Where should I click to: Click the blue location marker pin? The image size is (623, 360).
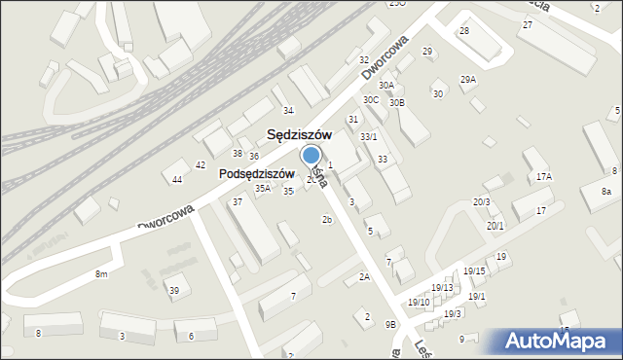pyautogui.click(x=311, y=156)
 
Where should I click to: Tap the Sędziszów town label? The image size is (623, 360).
pyautogui.click(x=301, y=135)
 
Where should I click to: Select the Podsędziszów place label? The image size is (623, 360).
pyautogui.click(x=256, y=172)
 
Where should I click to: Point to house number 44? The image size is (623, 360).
pyautogui.click(x=177, y=180)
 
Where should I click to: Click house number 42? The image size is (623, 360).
pyautogui.click(x=201, y=165)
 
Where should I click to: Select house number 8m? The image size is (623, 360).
pyautogui.click(x=101, y=275)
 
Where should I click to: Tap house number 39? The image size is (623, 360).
pyautogui.click(x=174, y=291)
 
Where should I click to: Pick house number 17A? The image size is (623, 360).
pyautogui.click(x=543, y=177)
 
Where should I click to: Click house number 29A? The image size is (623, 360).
pyautogui.click(x=468, y=80)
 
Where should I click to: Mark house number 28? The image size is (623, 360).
pyautogui.click(x=464, y=31)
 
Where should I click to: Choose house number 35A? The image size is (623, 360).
pyautogui.click(x=263, y=189)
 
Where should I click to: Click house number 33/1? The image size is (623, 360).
pyautogui.click(x=368, y=137)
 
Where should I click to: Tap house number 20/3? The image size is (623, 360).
pyautogui.click(x=482, y=201)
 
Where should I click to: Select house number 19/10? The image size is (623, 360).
pyautogui.click(x=419, y=303)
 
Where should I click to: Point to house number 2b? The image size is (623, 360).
pyautogui.click(x=328, y=220)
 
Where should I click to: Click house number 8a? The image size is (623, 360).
pyautogui.click(x=605, y=192)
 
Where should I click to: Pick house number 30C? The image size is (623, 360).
pyautogui.click(x=371, y=99)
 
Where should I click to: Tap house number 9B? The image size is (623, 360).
pyautogui.click(x=390, y=324)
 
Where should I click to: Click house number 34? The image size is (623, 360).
pyautogui.click(x=288, y=111)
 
